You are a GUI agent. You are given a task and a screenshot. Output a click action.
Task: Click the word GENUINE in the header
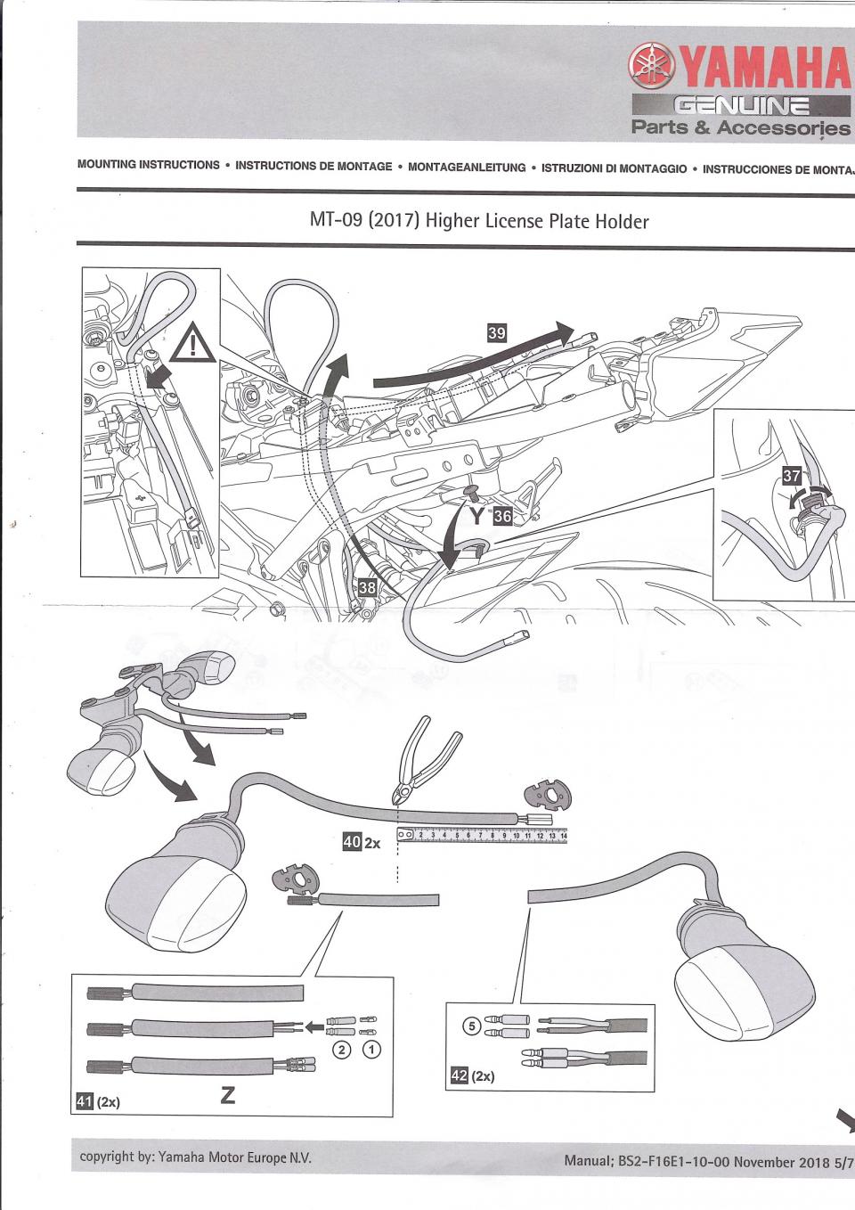coord(742,106)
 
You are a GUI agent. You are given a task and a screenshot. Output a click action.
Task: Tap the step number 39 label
coord(497,333)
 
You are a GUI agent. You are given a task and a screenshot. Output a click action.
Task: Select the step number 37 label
coord(791,476)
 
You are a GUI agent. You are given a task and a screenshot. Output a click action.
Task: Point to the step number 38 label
coord(367,587)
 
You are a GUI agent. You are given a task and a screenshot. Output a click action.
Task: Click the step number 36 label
coord(502,516)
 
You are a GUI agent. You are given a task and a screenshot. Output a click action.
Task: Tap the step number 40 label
coord(352,840)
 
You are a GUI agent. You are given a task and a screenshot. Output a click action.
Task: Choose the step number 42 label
coord(459,1075)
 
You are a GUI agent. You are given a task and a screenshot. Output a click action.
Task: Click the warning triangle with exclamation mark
coord(192,343)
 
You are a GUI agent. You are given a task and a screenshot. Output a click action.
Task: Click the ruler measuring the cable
coord(482,835)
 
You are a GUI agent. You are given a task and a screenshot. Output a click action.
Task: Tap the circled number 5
coord(472,1026)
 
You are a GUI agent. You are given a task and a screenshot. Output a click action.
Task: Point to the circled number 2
coord(341,1050)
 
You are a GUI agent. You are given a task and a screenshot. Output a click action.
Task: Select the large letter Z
coord(228,1095)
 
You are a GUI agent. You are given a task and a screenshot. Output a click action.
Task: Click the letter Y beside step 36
coord(477,517)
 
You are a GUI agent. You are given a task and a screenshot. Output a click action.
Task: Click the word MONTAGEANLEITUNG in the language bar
coord(467,168)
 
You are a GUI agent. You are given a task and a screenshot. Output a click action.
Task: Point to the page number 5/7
coord(843,1162)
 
